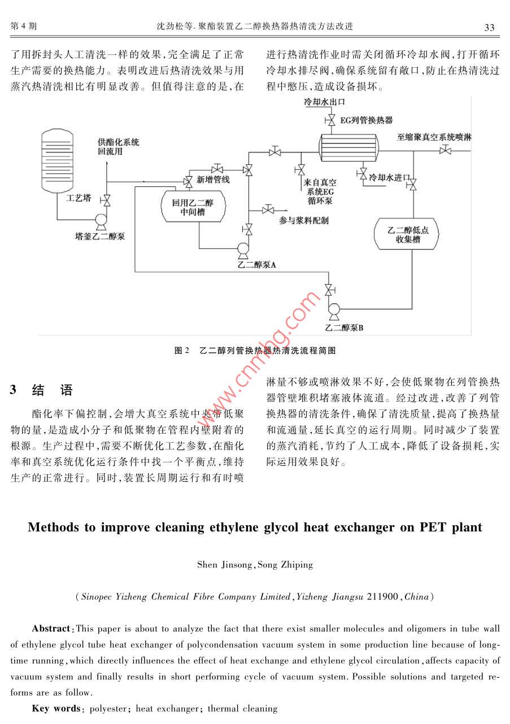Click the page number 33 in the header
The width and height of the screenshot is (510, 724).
(x=489, y=27)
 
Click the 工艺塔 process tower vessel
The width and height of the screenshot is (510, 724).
(x=57, y=161)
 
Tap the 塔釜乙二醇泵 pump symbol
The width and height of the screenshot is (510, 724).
(x=101, y=221)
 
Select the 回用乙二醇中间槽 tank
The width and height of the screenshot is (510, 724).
(x=193, y=206)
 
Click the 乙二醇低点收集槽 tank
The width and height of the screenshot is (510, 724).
(x=406, y=234)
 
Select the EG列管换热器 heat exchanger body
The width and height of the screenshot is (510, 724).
(x=348, y=147)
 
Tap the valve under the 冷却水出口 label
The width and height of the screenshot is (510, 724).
(x=330, y=120)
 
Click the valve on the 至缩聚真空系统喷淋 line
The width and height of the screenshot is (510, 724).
(x=445, y=150)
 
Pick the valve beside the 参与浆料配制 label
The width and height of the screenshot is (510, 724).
(x=268, y=210)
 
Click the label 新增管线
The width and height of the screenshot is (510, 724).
(x=213, y=180)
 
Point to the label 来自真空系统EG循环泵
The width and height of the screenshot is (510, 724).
(x=320, y=191)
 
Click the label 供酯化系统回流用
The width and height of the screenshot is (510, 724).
(x=119, y=147)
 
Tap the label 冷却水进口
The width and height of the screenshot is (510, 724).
(x=389, y=178)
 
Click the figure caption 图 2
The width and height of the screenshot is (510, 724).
(x=182, y=350)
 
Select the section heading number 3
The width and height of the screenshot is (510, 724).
(x=13, y=390)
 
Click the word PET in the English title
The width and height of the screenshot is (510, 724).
(x=433, y=527)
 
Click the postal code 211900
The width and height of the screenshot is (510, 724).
(x=382, y=596)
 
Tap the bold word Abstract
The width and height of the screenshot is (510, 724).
(x=51, y=629)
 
